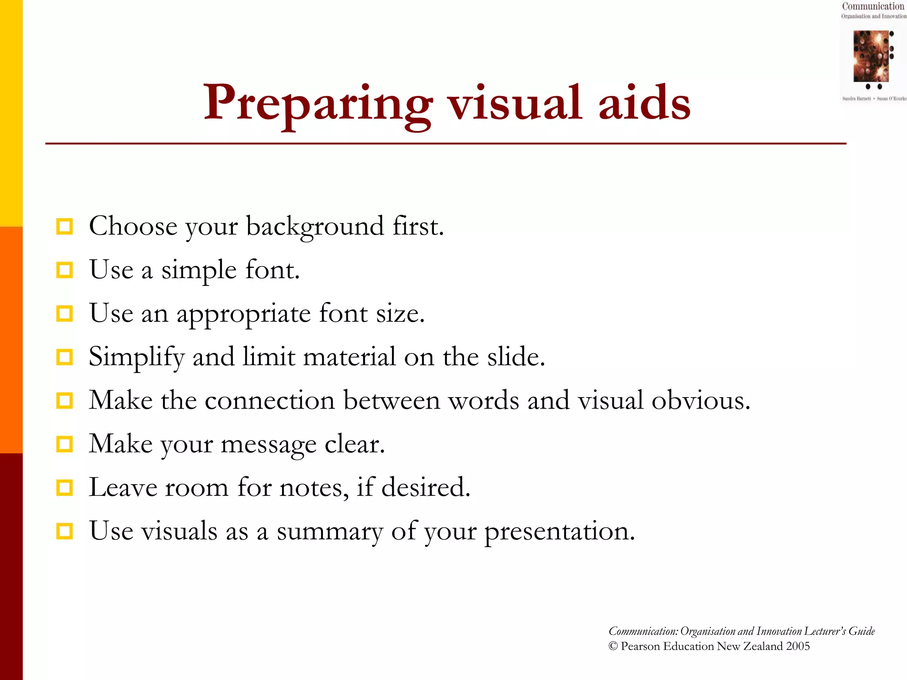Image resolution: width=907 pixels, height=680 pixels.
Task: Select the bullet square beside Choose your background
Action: pos(65,227)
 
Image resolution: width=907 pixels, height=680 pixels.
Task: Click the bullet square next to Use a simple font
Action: pos(65,270)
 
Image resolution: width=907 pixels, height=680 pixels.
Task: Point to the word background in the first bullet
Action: pos(315,227)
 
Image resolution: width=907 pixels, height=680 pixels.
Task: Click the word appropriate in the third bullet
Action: pos(244,314)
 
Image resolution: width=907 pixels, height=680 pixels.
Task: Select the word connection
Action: pos(270,401)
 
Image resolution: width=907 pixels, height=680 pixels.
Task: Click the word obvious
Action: pos(701,401)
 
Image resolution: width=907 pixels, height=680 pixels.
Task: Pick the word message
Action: pos(268,444)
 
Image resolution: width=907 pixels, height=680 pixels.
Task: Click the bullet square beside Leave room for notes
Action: pos(65,487)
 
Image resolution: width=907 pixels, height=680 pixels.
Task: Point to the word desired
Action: pos(425,487)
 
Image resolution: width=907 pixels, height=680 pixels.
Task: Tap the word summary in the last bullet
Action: pos(329,531)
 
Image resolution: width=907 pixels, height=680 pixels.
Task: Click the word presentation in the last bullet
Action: pos(559,531)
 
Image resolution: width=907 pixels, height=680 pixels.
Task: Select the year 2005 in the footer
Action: pos(798,646)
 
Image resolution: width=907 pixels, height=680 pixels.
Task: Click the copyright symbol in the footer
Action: pos(613,646)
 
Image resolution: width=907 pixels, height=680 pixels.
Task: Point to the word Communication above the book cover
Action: pos(873,6)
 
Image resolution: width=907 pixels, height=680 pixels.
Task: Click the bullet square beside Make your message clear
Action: pos(65,444)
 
